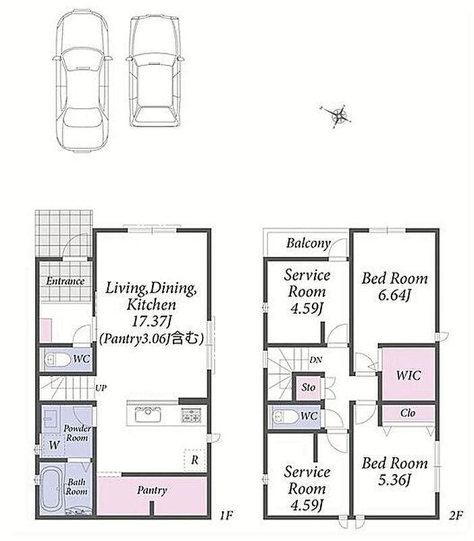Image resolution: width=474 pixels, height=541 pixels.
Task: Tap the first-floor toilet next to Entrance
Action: (57, 360)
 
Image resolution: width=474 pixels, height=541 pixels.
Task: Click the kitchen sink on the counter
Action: (148, 415)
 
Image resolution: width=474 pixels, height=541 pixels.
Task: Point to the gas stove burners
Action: (191, 415)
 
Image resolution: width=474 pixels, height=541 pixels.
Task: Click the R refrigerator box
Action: (194, 460)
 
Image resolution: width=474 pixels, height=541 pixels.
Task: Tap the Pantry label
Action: (152, 490)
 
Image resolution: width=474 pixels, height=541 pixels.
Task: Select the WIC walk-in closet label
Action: (409, 375)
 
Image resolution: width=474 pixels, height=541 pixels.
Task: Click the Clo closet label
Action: (408, 413)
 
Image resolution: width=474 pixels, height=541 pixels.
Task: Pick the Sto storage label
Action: (309, 387)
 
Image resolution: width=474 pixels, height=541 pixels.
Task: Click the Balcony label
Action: (309, 243)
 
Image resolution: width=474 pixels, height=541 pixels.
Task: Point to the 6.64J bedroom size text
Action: (394, 296)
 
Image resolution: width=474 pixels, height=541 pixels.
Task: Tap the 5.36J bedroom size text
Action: (394, 480)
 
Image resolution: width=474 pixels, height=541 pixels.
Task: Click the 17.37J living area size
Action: (151, 322)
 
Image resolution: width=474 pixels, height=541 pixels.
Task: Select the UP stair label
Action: (101, 387)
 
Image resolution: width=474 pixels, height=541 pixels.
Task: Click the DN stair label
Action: (315, 360)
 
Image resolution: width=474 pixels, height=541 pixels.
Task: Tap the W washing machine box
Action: (54, 445)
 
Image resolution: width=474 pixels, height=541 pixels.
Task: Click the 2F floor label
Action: (455, 515)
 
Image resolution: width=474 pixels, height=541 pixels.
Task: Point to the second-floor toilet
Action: (285, 417)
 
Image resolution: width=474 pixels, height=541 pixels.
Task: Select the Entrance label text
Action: (65, 281)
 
